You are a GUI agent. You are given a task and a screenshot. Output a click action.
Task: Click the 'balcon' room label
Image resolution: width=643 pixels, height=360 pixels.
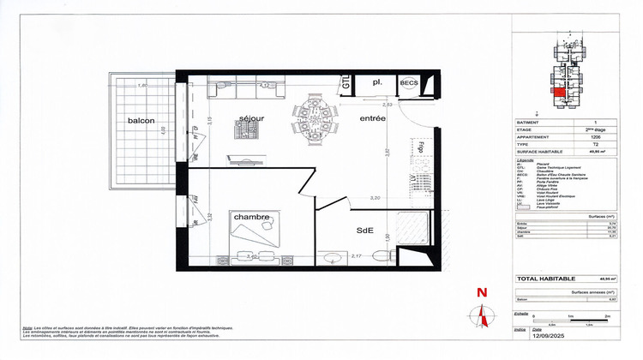point(141,121)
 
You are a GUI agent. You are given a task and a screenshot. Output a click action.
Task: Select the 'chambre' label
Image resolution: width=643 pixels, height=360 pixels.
point(252,217)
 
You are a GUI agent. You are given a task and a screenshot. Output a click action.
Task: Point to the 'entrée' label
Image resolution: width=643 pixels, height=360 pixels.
point(372,118)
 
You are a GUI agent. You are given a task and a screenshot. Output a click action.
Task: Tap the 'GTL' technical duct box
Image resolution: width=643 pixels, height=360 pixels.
point(346,82)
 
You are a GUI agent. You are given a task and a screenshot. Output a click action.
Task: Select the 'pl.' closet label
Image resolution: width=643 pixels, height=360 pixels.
point(376,82)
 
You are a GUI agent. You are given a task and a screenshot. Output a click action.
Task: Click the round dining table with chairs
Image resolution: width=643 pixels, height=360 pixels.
point(314,121)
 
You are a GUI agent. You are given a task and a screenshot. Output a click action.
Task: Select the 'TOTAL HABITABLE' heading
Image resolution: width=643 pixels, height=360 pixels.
point(546,279)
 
